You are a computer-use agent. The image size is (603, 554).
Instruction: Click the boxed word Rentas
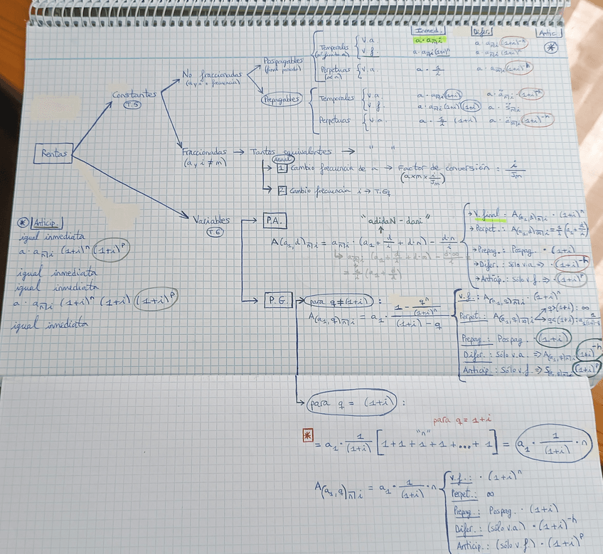pyautogui.click(x=55, y=154)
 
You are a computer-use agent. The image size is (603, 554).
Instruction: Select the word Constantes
pyautogui.click(x=133, y=95)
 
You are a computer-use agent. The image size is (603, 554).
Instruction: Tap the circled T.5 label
pyautogui.click(x=132, y=106)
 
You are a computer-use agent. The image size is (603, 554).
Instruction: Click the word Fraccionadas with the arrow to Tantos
pyautogui.click(x=204, y=151)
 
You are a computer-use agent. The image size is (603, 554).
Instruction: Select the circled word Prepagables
pyautogui.click(x=282, y=99)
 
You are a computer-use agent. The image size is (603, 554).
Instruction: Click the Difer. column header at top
pyautogui.click(x=481, y=31)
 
